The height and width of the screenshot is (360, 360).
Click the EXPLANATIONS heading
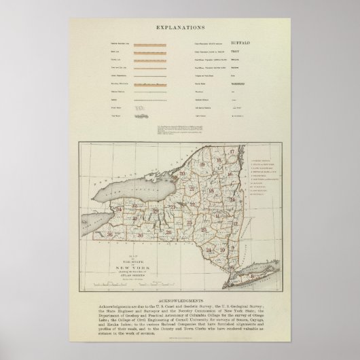click(x=179, y=28)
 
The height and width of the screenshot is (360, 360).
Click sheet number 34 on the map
click(x=118, y=209)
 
